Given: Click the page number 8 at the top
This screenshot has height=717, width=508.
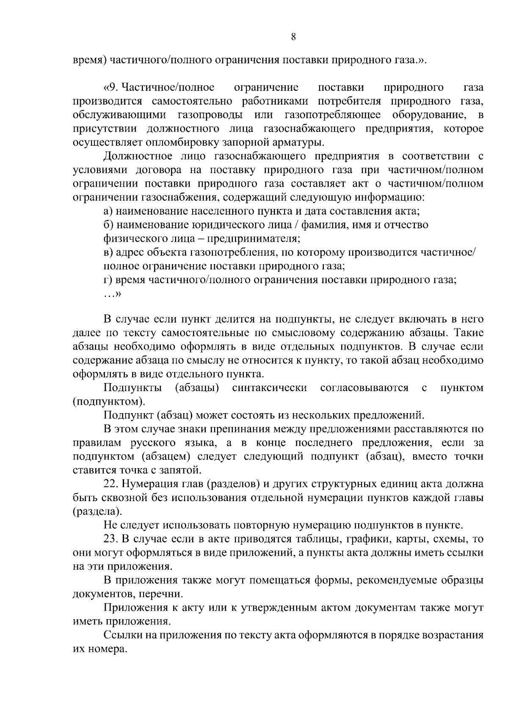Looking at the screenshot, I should click(293, 37).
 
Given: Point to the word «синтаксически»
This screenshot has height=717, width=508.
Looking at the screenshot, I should click(270, 388).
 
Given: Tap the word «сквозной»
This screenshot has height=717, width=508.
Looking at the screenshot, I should click(126, 498).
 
